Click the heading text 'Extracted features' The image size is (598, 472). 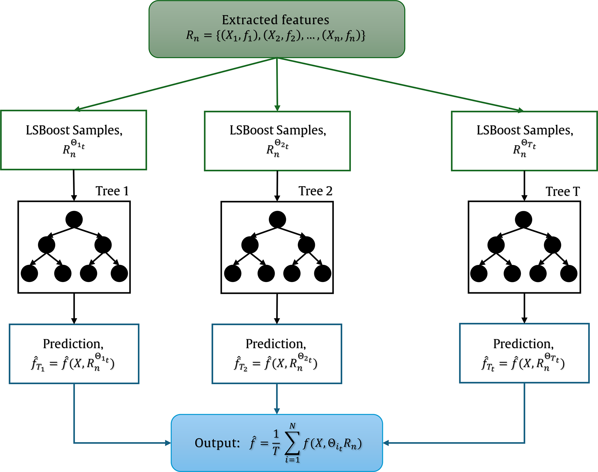(x=275, y=20)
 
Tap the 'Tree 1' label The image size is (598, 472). (x=112, y=191)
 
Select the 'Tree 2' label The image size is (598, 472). (x=315, y=191)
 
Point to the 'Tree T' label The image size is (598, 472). (x=563, y=192)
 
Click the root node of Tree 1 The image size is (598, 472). (x=74, y=220)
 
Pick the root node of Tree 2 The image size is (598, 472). (x=277, y=220)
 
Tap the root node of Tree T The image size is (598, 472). (x=523, y=220)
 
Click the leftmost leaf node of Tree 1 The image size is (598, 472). (x=29, y=274)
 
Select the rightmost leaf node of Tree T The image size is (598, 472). (x=569, y=274)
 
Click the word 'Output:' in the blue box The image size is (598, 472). (x=217, y=443)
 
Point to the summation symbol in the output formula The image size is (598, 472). (x=292, y=443)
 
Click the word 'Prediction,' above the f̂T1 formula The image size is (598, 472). (x=73, y=344)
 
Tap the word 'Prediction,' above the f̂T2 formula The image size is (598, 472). (x=276, y=344)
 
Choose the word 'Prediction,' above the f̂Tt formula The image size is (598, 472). (x=524, y=344)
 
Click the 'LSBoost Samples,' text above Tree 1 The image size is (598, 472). (x=74, y=130)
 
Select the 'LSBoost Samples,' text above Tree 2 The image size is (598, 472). (x=278, y=130)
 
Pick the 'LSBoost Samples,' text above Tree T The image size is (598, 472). (x=525, y=130)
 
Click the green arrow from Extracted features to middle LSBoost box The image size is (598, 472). (x=277, y=85)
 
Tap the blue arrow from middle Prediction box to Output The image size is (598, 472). (x=277, y=399)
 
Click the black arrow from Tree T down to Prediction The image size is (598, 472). (x=524, y=308)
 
